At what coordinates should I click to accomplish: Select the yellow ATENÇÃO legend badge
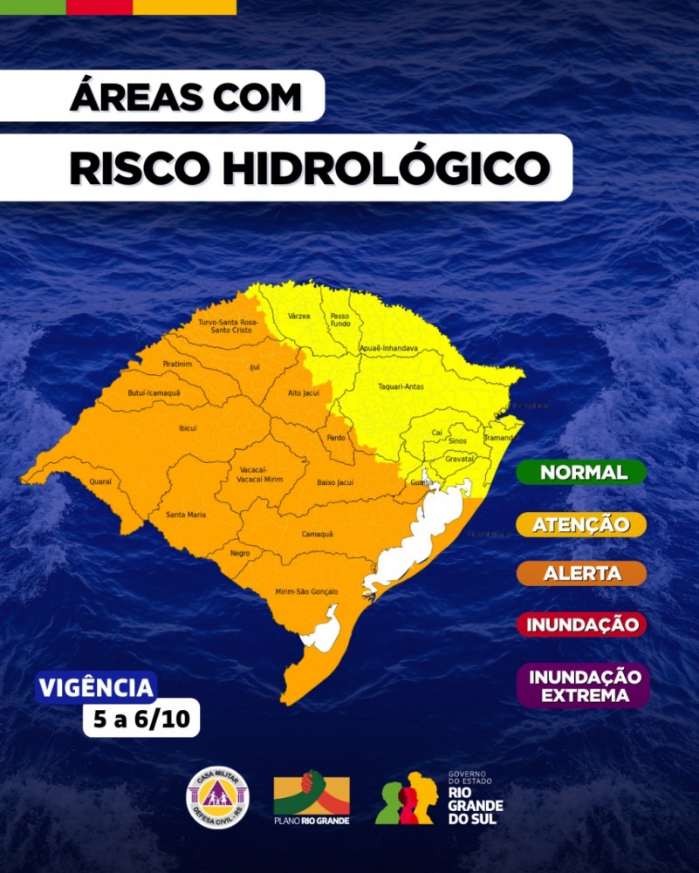point(581,524)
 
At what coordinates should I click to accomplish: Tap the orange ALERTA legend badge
point(581,574)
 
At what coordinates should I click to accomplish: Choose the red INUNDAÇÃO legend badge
point(581,624)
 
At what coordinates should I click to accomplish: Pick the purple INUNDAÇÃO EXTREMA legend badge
point(584,685)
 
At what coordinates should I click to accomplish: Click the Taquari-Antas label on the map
point(401,386)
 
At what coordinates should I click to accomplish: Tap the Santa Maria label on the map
point(186,515)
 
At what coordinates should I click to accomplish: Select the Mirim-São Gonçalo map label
point(306,591)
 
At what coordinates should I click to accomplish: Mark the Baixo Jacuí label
point(334,481)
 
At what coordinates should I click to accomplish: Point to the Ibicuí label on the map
point(188,427)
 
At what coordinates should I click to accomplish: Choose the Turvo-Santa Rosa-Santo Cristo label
point(224,326)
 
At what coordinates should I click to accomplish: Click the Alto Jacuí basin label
point(304,393)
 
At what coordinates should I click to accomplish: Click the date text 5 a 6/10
point(141,720)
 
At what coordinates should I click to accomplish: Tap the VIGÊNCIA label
point(97,687)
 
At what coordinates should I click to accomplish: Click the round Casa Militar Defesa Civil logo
point(218,797)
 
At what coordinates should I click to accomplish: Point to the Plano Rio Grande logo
point(312,797)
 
